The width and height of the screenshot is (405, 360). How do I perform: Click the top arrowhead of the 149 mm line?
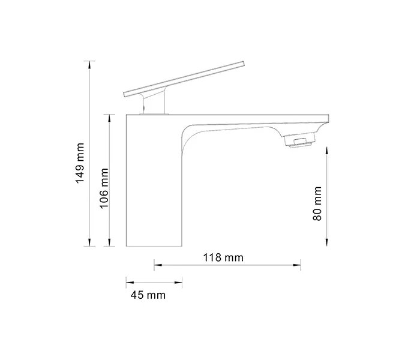coord(90,62)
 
